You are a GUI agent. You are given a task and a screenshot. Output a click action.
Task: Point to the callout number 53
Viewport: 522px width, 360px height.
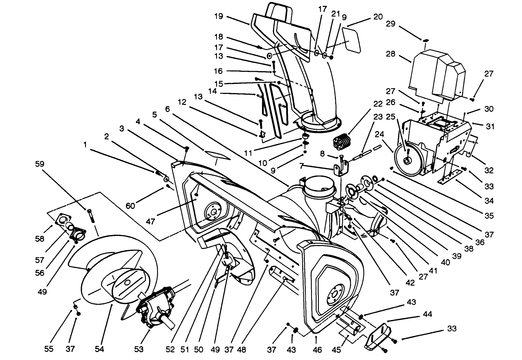(139, 349)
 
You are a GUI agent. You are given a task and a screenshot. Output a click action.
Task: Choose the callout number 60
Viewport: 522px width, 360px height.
(130, 206)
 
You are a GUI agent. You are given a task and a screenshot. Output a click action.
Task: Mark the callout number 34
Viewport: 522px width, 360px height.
(489, 201)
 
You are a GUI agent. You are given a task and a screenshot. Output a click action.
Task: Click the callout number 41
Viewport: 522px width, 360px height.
(433, 270)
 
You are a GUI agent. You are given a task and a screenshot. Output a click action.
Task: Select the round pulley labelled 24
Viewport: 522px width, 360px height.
(408, 160)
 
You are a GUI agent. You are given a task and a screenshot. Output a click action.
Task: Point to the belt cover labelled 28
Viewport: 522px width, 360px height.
(435, 74)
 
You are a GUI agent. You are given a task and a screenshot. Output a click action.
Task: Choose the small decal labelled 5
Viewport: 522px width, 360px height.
(216, 154)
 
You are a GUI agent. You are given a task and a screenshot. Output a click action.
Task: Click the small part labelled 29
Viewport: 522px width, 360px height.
(426, 40)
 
